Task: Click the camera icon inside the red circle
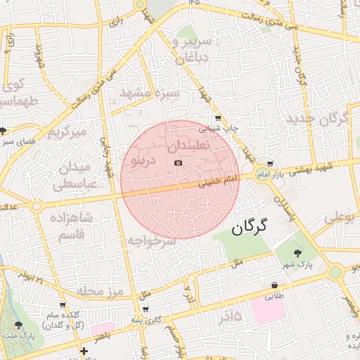coord(178,163)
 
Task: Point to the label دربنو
coord(139,160)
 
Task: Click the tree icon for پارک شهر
coord(296,252)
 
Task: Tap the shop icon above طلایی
coord(274,285)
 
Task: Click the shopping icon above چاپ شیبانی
coord(219,118)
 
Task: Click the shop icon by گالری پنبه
coord(145,309)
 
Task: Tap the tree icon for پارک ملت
coord(18,325)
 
